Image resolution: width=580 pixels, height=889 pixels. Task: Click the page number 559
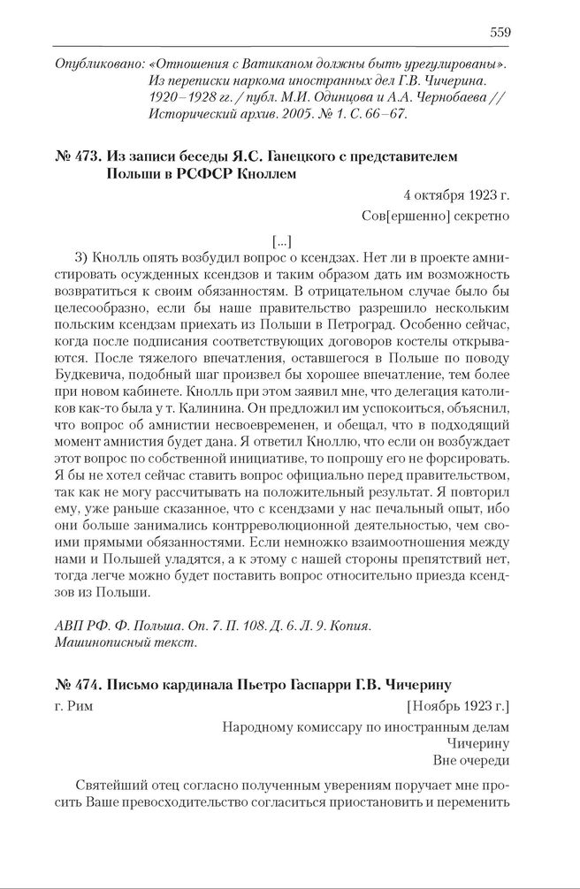(x=500, y=34)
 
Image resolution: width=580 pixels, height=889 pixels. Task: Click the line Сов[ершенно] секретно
(x=436, y=215)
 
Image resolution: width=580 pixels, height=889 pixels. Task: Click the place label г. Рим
(x=72, y=706)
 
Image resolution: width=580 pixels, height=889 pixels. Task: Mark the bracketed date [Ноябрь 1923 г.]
(x=458, y=706)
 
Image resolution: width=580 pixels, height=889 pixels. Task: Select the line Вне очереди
(x=471, y=759)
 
